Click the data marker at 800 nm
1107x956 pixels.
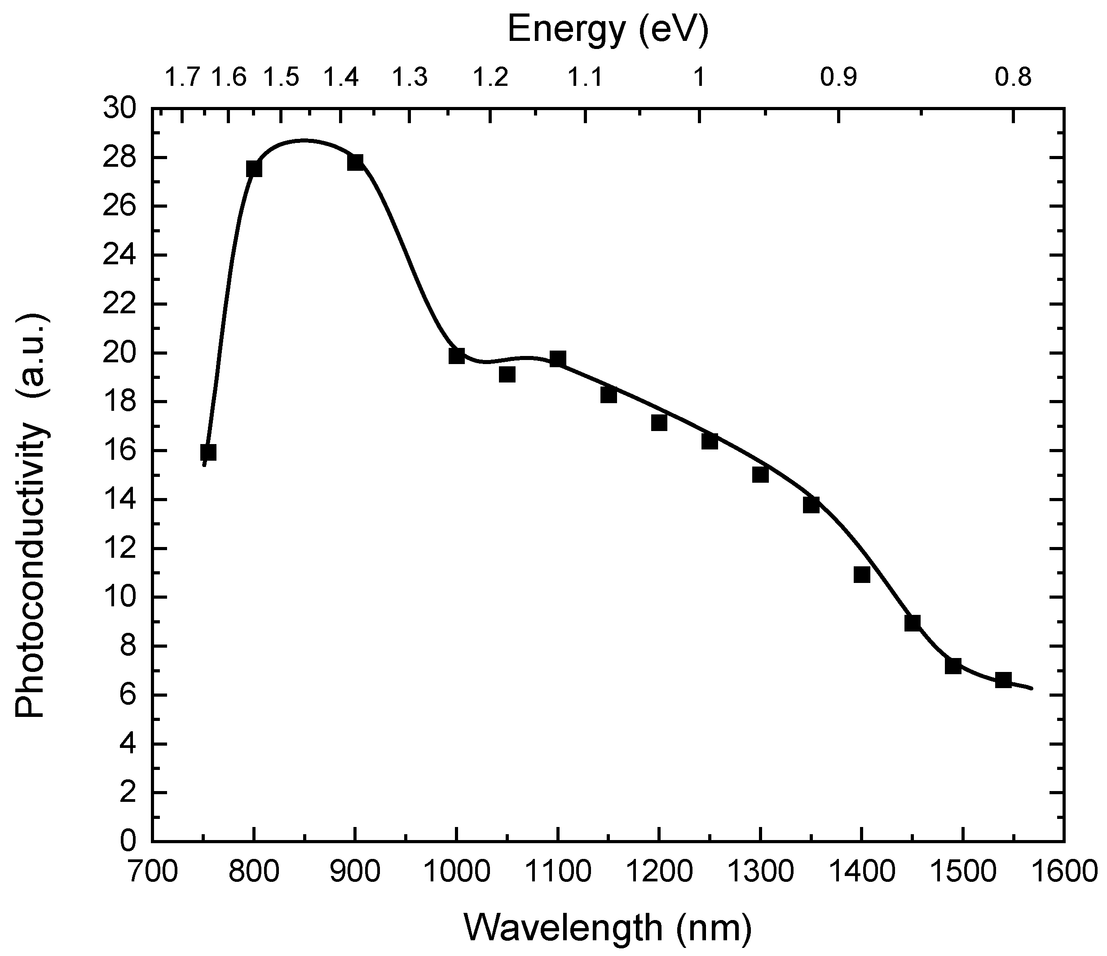[254, 169]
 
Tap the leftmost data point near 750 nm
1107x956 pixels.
[208, 452]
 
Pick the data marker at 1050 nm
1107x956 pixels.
[507, 374]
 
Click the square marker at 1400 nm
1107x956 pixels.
[862, 575]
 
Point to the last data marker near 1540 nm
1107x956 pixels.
[1003, 680]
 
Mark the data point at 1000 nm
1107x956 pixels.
[457, 356]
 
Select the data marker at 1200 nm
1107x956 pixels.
[659, 423]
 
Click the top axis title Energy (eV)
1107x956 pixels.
[608, 29]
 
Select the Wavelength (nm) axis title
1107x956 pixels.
[608, 928]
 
